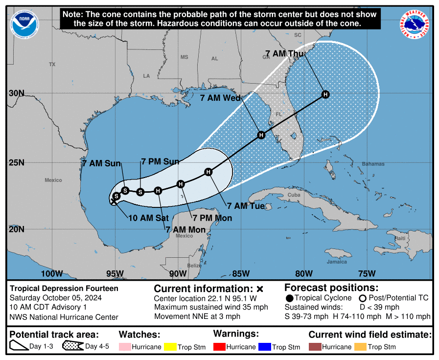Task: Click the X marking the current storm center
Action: point(113,202)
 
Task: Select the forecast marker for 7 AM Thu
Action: point(325,94)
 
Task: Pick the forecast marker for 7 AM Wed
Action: point(261,135)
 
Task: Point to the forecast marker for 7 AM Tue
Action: point(208,172)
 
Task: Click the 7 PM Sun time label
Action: point(160,161)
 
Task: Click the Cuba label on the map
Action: point(294,195)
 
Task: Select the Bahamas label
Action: point(373,164)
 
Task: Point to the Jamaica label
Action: point(337,262)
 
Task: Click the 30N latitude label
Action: point(17,93)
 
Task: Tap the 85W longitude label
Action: point(241,273)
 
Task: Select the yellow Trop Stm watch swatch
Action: point(171,347)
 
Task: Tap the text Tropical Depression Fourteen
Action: point(64,289)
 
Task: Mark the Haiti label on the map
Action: point(400,238)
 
